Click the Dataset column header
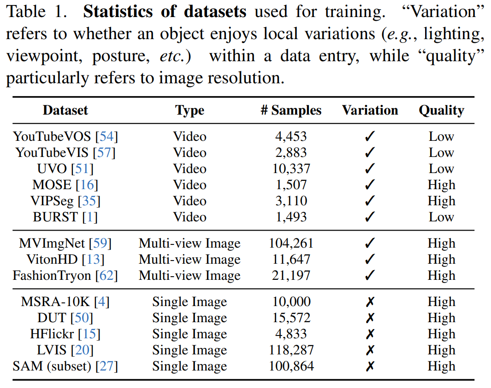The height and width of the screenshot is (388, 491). tap(65, 110)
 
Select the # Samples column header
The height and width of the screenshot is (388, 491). tap(291, 110)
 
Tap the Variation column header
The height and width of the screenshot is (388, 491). tap(370, 110)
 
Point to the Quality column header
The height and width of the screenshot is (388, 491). tap(441, 110)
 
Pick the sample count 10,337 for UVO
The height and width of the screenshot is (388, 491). tap(291, 168)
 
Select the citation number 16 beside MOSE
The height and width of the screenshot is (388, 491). tap(90, 185)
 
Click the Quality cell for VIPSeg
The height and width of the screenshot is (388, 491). tap(441, 201)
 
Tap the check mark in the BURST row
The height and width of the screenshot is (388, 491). tap(370, 217)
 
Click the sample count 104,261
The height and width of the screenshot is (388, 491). tap(291, 243)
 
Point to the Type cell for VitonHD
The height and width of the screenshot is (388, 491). tap(189, 260)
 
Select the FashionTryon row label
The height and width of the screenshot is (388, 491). tap(52, 276)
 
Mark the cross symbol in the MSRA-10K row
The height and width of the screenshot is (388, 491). tap(370, 302)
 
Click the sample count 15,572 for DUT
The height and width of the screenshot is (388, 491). tap(291, 318)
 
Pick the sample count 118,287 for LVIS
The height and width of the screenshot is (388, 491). tap(291, 350)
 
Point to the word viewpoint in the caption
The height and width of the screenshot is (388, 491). tap(44, 56)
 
